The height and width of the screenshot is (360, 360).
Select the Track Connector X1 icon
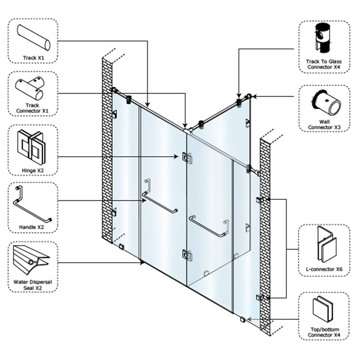(31, 88)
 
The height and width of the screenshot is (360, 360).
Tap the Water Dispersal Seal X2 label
(33, 285)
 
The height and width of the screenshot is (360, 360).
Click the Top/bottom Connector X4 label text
(324, 333)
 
